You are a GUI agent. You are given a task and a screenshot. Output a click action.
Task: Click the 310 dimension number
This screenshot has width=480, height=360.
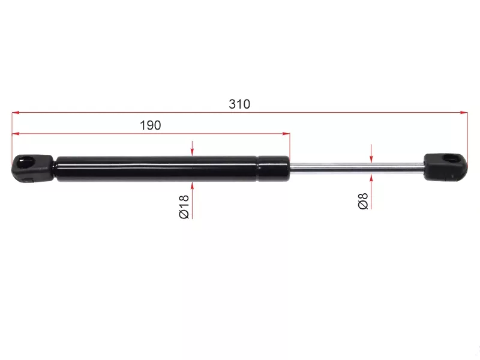(x=239, y=104)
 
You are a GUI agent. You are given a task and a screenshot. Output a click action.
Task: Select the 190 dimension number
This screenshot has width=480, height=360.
(x=151, y=125)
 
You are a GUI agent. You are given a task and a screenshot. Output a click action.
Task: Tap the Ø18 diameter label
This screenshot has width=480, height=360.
(x=184, y=206)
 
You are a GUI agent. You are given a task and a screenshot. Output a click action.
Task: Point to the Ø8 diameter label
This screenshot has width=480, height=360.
(x=363, y=201)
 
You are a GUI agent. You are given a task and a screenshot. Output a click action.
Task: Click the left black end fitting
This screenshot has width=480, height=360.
(x=32, y=169)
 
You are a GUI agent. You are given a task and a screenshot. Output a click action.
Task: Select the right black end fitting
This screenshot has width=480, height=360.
(x=446, y=166)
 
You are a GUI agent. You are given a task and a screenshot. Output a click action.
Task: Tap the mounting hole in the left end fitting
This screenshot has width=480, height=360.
(x=26, y=161)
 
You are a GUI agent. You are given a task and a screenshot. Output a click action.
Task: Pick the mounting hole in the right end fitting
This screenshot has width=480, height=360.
(x=452, y=159)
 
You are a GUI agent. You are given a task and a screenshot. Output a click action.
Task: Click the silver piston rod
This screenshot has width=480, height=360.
(x=356, y=168)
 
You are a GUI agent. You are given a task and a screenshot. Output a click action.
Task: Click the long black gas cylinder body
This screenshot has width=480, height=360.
(x=156, y=169)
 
